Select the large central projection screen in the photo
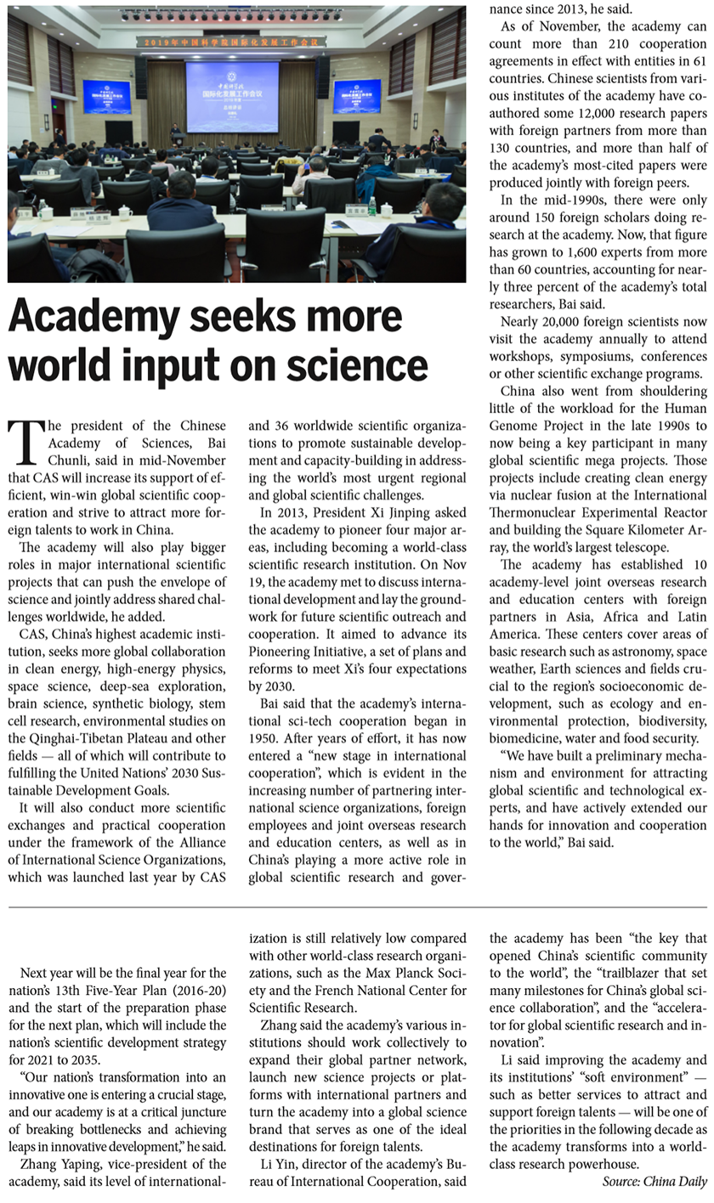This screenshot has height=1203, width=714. point(232,96)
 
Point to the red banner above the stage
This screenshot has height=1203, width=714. point(233,41)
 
